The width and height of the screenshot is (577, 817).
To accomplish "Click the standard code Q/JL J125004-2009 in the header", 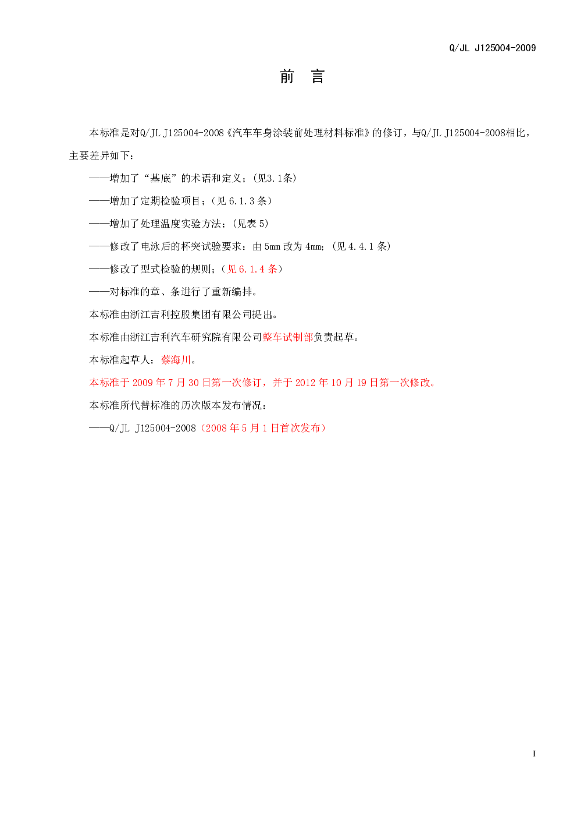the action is pyautogui.click(x=493, y=48).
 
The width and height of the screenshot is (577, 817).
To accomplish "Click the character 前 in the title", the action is pyautogui.click(x=287, y=77).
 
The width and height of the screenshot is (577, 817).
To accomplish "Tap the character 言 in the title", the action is pyautogui.click(x=318, y=77).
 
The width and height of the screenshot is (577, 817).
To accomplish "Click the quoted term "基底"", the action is pyautogui.click(x=160, y=178).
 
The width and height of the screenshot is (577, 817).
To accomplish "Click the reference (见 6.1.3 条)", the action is pyautogui.click(x=242, y=201).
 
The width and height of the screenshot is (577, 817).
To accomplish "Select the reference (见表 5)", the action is pyautogui.click(x=251, y=224).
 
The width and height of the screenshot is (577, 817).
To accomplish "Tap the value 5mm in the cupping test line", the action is pyautogui.click(x=272, y=246).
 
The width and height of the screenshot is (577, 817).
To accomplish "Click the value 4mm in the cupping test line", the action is pyautogui.click(x=314, y=246).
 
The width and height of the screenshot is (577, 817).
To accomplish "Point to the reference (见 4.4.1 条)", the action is pyautogui.click(x=361, y=246).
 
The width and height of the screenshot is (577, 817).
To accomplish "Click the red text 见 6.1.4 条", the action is pyautogui.click(x=252, y=269).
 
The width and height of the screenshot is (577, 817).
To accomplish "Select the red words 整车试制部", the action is pyautogui.click(x=288, y=337).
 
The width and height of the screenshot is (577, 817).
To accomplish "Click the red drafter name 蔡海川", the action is pyautogui.click(x=176, y=360).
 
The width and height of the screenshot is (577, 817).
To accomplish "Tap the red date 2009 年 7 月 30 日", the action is pyautogui.click(x=171, y=383).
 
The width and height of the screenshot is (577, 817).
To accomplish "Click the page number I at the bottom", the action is pyautogui.click(x=534, y=754).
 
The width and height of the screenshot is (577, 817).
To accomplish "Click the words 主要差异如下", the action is pyautogui.click(x=99, y=155).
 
